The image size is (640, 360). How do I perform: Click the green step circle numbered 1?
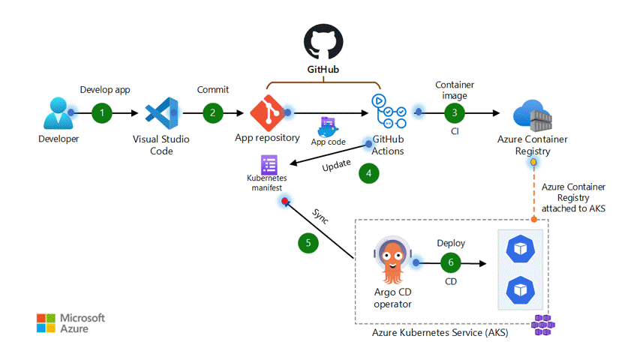click(x=102, y=113)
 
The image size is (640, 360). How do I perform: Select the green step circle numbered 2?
click(x=213, y=113)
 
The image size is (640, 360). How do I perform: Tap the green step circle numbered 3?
click(x=454, y=113)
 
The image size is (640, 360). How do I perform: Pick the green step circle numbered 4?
click(x=368, y=173)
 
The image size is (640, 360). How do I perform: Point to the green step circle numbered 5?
click(x=307, y=243)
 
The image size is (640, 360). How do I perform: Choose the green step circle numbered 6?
click(x=451, y=262)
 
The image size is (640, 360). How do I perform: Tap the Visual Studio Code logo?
click(x=161, y=114)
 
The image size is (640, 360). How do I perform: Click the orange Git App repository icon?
click(x=267, y=113)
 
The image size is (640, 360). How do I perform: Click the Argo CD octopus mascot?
click(x=394, y=263)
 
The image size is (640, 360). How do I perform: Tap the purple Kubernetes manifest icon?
click(x=269, y=165)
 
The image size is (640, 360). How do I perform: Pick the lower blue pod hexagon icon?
click(x=519, y=289)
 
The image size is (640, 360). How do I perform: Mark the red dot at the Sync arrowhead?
click(x=284, y=202)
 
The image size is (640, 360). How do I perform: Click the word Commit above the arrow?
click(x=212, y=89)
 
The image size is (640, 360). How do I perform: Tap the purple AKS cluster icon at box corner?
click(x=542, y=323)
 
